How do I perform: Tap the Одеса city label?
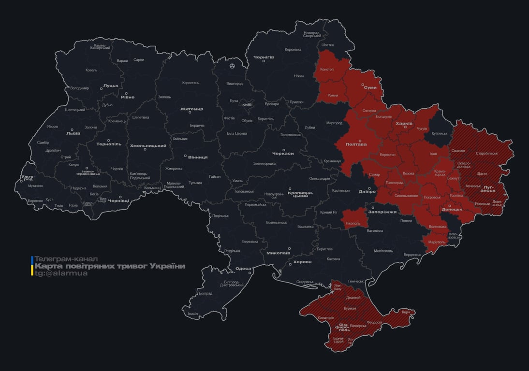tap(243, 269)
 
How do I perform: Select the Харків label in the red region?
tap(404, 124)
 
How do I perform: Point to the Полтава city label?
tap(356, 144)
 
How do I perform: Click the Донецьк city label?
tap(452, 209)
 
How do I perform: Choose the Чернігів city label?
tap(264, 57)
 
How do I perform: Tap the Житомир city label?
tap(191, 109)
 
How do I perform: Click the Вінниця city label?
tap(198, 157)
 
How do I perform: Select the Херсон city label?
tap(302, 262)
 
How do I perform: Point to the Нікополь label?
tap(353, 223)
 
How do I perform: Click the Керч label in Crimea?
tap(406, 312)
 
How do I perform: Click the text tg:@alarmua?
tap(61, 273)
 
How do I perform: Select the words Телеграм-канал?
tap(66, 259)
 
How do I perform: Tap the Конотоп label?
tap(327, 69)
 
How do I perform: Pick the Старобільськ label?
tap(486, 153)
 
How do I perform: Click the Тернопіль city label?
tap(108, 144)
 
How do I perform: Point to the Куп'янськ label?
tap(440, 133)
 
